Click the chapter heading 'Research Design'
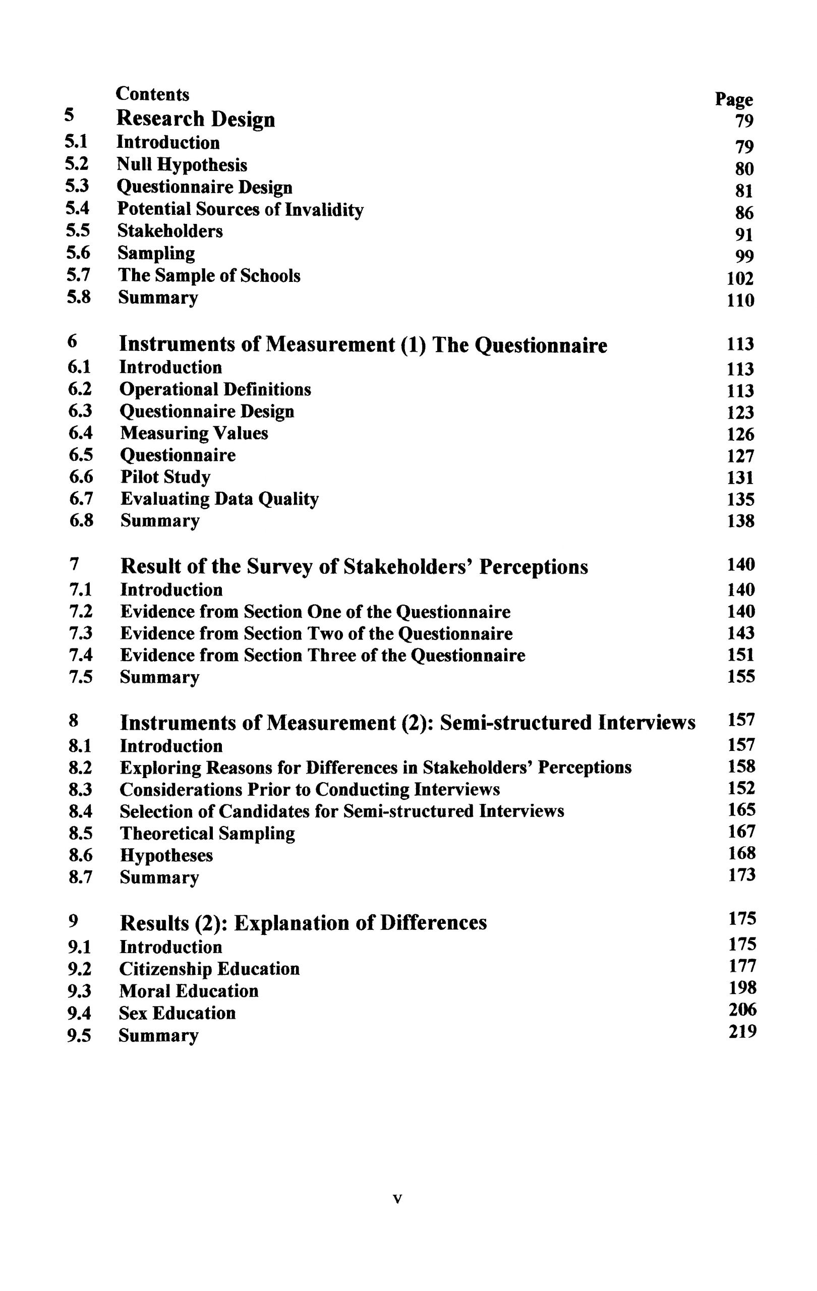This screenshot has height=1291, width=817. (196, 119)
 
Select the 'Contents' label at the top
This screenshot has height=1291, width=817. (153, 94)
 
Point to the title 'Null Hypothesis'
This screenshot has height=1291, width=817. (182, 164)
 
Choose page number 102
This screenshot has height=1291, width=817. (740, 278)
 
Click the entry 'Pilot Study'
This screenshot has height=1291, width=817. (165, 477)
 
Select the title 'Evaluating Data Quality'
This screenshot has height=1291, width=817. (219, 499)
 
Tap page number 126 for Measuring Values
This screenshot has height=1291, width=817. (740, 434)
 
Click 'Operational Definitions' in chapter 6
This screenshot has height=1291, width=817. (215, 389)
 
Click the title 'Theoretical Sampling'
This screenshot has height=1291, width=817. (207, 833)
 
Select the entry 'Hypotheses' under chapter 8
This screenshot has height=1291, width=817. (166, 855)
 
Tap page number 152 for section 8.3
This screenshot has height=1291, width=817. (741, 788)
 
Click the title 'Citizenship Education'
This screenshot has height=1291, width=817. (209, 969)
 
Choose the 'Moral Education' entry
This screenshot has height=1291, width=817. (189, 991)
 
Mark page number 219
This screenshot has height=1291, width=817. (742, 1031)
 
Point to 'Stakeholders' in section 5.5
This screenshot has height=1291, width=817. (170, 230)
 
